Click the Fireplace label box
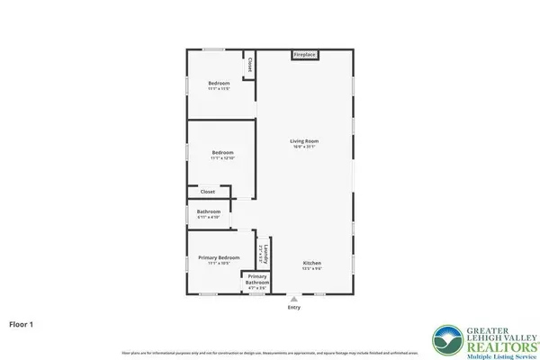click(x=304, y=55)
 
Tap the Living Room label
click(x=304, y=141)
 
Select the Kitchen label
click(x=312, y=263)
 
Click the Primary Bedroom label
click(x=219, y=257)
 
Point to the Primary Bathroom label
click(x=257, y=276)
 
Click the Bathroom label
click(x=209, y=211)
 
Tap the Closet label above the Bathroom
click(x=207, y=191)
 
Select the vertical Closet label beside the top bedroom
click(x=249, y=66)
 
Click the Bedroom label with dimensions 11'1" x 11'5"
click(x=219, y=84)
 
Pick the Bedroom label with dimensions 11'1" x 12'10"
click(x=222, y=153)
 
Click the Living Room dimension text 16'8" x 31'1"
click(x=304, y=148)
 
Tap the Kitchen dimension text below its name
click(x=312, y=268)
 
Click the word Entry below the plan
click(x=294, y=307)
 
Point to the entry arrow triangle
click(x=294, y=297)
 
